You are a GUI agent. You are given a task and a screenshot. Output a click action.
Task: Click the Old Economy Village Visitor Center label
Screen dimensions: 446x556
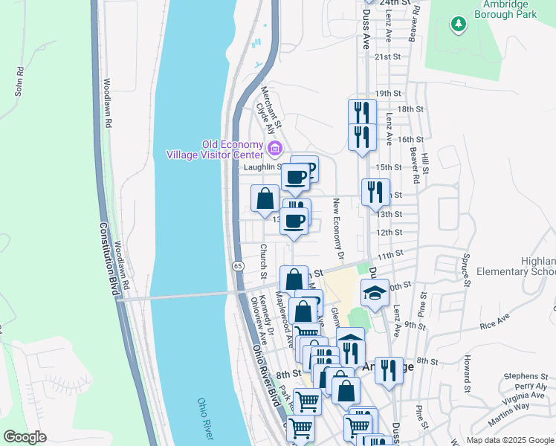pyautogui.click(x=214, y=149)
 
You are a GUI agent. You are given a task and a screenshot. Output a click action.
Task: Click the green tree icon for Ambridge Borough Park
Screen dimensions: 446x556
pyautogui.click(x=459, y=24)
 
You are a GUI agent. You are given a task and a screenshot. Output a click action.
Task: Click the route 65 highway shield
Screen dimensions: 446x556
pyautogui.click(x=237, y=265)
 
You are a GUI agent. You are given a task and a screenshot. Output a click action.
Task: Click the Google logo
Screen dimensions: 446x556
pyautogui.click(x=25, y=437)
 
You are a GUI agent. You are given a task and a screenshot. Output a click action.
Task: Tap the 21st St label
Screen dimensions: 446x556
pyautogui.click(x=387, y=56)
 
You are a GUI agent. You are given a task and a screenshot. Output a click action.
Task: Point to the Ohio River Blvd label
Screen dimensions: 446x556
pyautogui.click(x=262, y=371)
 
